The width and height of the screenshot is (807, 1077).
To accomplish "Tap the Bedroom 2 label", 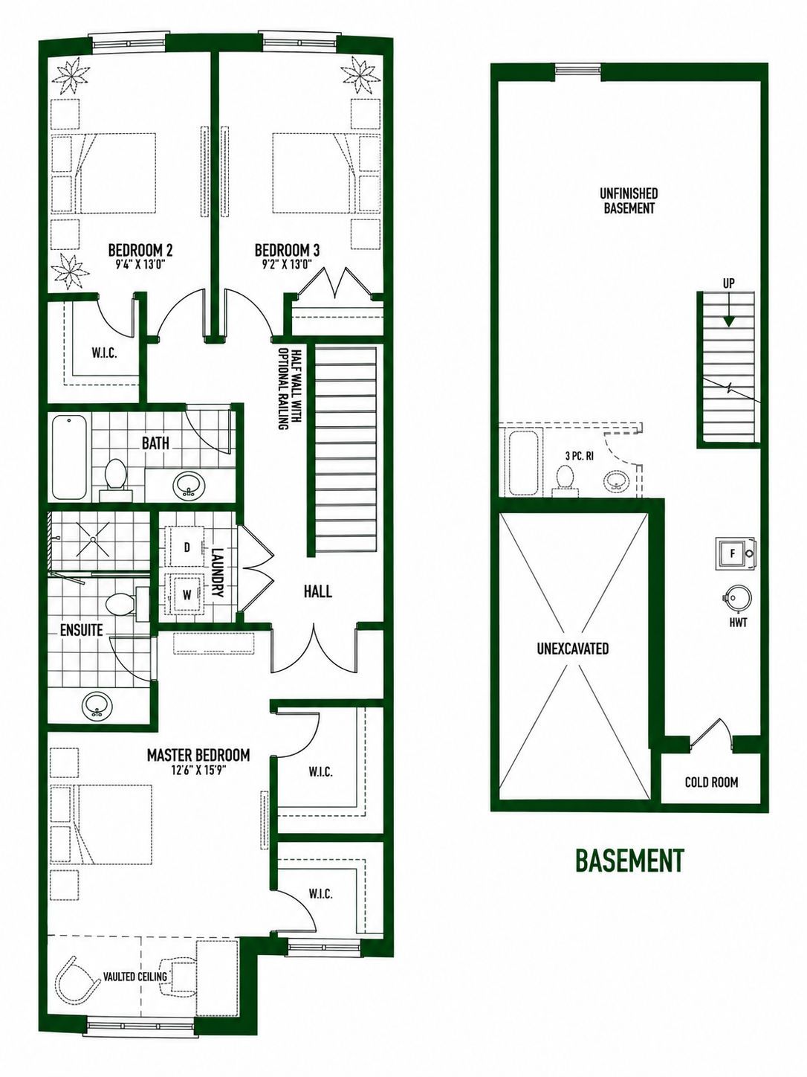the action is point(140,251).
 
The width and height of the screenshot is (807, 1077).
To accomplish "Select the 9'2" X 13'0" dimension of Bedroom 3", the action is point(287,265).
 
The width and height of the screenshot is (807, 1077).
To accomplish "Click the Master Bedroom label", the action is point(198,755).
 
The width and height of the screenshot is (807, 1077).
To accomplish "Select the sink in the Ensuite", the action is point(97,707).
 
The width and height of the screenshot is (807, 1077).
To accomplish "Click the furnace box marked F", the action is point(734,553).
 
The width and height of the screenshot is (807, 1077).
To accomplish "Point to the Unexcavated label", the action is point(573,649).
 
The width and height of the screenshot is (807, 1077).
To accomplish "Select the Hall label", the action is point(317,591).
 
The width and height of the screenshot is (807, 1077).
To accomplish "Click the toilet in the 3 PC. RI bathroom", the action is point(565,478).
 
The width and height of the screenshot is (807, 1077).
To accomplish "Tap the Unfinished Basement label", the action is point(629,201).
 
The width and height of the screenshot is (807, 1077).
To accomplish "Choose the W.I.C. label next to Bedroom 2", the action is point(104,354).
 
